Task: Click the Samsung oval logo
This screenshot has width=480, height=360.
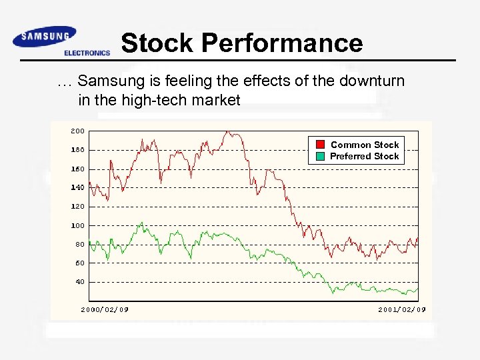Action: coord(44,37)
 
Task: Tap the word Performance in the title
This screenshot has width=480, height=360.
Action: coord(282,43)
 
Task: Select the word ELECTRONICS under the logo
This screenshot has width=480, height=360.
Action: coord(87,53)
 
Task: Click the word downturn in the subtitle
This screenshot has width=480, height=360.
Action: coord(370,81)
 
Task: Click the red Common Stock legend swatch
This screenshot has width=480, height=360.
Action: coord(320,145)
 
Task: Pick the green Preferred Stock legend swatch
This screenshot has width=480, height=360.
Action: coord(320,156)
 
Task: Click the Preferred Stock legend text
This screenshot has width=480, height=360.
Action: coord(365,156)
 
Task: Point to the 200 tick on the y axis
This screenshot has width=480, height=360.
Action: coord(77,131)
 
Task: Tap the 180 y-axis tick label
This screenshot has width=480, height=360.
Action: coord(77,149)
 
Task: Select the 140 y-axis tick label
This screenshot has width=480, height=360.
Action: coord(77,187)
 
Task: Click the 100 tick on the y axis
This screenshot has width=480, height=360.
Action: coord(77,225)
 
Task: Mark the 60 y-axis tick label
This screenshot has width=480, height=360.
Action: coord(79,263)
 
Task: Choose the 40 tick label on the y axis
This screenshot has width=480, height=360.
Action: coord(79,281)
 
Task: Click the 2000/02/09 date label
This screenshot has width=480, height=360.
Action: coord(105,309)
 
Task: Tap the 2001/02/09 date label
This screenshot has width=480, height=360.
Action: coord(401,309)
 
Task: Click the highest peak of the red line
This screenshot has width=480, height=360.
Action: coord(229,132)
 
